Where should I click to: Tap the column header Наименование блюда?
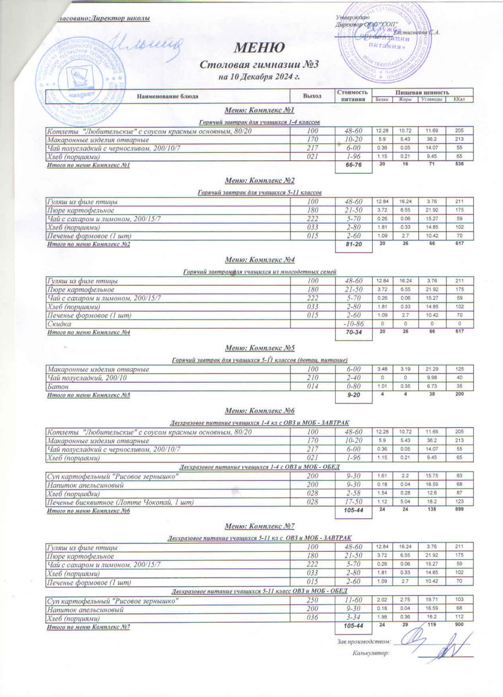coord(168,95)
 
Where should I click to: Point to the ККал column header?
coord(459,100)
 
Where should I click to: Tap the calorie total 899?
coord(459,510)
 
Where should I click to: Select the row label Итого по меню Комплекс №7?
coord(88,627)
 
